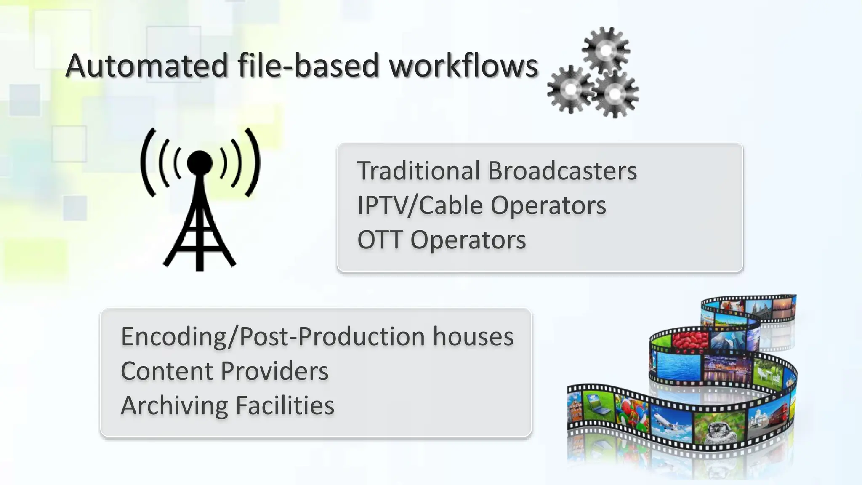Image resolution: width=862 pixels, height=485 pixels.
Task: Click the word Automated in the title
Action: point(146,66)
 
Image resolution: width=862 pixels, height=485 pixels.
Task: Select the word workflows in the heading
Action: point(463,66)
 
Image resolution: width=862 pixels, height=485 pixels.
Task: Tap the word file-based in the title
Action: point(308,66)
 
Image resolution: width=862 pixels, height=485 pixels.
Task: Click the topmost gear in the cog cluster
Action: point(606,51)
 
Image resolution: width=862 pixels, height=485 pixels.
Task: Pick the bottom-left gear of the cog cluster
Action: point(570,89)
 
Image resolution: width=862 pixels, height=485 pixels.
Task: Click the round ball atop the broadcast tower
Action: point(200,163)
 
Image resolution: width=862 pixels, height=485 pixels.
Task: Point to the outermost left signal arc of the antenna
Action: point(147,163)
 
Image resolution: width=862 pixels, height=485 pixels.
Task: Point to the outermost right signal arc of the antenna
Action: point(253,163)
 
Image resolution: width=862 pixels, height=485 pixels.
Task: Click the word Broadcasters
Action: point(562,171)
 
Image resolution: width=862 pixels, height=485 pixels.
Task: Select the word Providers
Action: point(274,371)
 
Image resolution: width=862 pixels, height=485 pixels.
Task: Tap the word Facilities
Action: point(285,406)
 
